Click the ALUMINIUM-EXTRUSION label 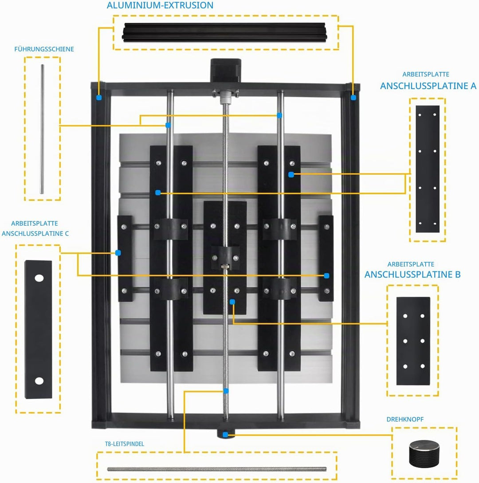pyautogui.click(x=160, y=5)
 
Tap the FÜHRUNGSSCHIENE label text pyautogui.click(x=44, y=49)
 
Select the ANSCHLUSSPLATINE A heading pyautogui.click(x=428, y=86)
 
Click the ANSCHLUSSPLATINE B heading pyautogui.click(x=412, y=274)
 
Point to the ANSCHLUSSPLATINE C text pyautogui.click(x=35, y=233)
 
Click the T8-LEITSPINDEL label pyautogui.click(x=125, y=444)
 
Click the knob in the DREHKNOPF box pyautogui.click(x=424, y=453)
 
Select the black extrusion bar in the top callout pyautogui.click(x=224, y=32)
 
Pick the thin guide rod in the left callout pyautogui.click(x=42, y=129)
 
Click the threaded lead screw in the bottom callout pyautogui.click(x=217, y=469)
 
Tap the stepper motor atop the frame pyautogui.click(x=225, y=71)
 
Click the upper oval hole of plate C pyautogui.click(x=39, y=278)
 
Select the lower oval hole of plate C pyautogui.click(x=39, y=381)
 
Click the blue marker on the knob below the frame pyautogui.click(x=225, y=435)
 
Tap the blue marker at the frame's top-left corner pyautogui.click(x=99, y=97)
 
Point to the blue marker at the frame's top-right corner pyautogui.click(x=353, y=97)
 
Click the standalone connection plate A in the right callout pyautogui.click(x=428, y=169)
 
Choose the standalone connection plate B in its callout pyautogui.click(x=413, y=341)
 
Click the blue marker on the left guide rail pyautogui.click(x=168, y=125)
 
